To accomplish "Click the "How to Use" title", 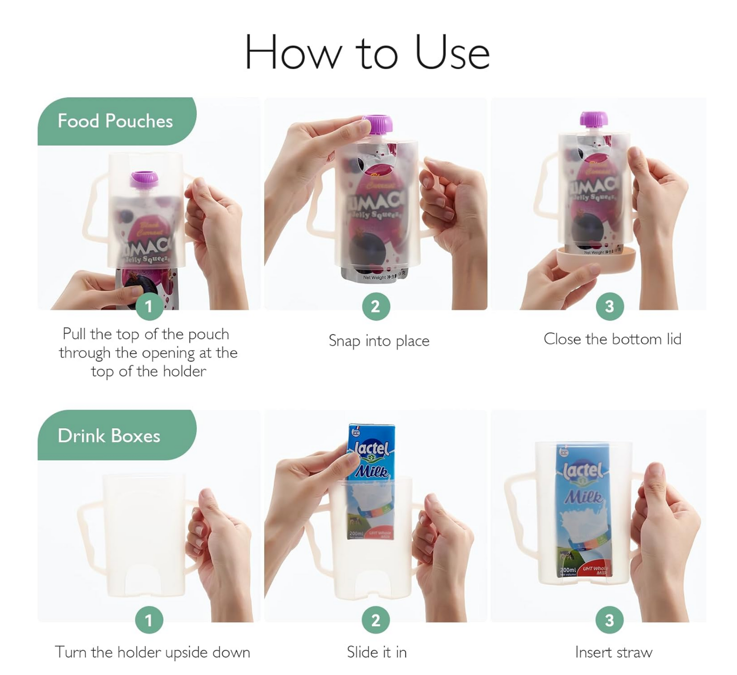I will click(367, 52).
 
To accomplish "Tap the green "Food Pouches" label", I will click(115, 121).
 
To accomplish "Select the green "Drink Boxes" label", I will click(109, 436).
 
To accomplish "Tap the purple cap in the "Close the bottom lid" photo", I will click(594, 120).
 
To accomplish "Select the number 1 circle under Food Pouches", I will click(149, 306).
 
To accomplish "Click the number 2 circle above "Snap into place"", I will click(376, 306).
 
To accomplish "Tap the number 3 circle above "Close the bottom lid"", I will click(609, 306).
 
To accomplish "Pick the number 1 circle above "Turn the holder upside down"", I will click(149, 620).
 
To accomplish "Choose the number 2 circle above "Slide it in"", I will click(376, 620).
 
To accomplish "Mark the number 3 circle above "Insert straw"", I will click(609, 620).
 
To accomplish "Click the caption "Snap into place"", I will click(379, 341).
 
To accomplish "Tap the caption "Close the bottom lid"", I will click(612, 339).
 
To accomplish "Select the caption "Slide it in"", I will click(376, 652).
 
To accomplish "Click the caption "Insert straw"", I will click(614, 652).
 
